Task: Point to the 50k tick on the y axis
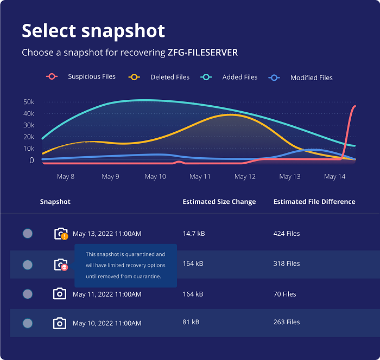(29, 102)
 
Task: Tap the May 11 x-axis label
(200, 177)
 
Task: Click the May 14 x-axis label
(334, 177)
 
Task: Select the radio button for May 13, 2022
(28, 234)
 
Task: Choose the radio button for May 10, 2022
(28, 323)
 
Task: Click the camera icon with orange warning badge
(60, 234)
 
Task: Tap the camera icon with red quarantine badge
(60, 265)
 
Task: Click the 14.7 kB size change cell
(194, 234)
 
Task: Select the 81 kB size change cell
(191, 322)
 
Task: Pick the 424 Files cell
(287, 234)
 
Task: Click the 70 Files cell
(284, 294)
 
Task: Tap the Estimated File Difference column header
(314, 202)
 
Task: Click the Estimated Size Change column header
(219, 202)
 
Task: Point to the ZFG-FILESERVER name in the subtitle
(203, 53)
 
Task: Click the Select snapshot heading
(93, 30)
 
